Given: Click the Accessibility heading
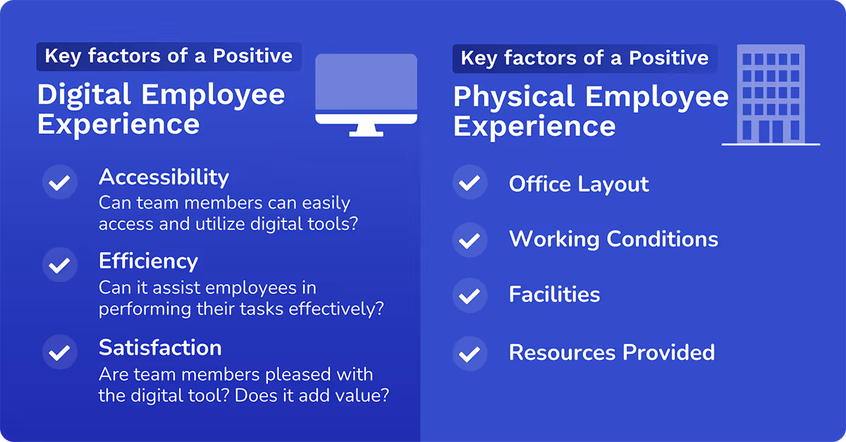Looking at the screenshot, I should [164, 177].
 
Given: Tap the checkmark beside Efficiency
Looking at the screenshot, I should [61, 266].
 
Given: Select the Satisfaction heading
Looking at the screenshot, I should [160, 348].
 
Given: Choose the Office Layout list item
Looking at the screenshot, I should [579, 185].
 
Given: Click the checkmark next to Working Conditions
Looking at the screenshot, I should [470, 240].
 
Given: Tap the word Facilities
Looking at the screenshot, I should [554, 295].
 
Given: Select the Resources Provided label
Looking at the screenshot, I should [612, 352].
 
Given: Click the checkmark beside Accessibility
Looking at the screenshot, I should [61, 182].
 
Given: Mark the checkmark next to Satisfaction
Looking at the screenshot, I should [61, 352].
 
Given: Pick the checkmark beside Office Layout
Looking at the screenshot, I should [470, 184].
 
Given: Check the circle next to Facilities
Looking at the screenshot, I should [470, 295].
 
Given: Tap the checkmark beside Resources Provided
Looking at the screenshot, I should [470, 352].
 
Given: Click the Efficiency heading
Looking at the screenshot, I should [148, 262].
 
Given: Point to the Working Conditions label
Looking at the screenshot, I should [613, 239].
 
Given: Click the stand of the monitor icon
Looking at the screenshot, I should [366, 130].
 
